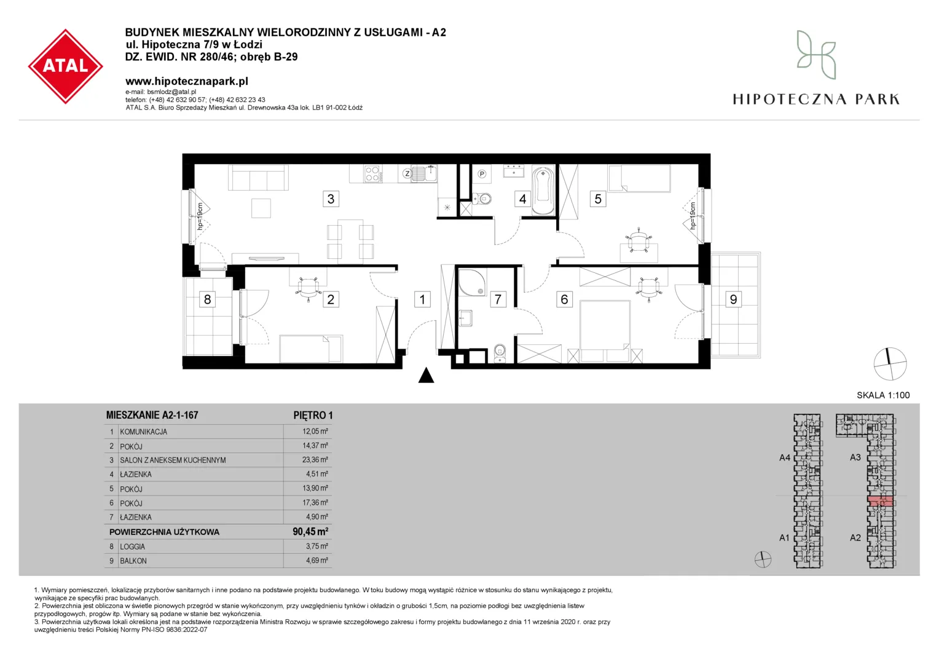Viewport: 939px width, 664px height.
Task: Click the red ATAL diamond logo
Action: pyautogui.click(x=65, y=66)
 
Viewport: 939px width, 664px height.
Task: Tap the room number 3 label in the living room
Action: pyautogui.click(x=331, y=199)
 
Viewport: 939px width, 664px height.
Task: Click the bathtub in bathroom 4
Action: pyautogui.click(x=543, y=191)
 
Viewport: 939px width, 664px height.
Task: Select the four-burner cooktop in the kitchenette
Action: pyautogui.click(x=372, y=173)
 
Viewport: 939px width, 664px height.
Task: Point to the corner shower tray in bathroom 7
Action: pyautogui.click(x=473, y=282)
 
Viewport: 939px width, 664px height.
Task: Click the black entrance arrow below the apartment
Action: pyautogui.click(x=426, y=375)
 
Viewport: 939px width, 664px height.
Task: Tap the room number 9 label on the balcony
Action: pyautogui.click(x=733, y=299)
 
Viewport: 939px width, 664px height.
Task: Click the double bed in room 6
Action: pyautogui.click(x=605, y=331)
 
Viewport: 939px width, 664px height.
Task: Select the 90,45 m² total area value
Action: pyautogui.click(x=310, y=531)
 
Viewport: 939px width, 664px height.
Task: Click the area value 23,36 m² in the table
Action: pyautogui.click(x=315, y=460)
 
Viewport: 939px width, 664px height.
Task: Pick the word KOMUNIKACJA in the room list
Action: pyautogui.click(x=143, y=432)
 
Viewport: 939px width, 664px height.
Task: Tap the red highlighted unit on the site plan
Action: pyautogui.click(x=880, y=501)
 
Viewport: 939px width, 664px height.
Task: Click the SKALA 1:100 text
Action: pyautogui.click(x=883, y=395)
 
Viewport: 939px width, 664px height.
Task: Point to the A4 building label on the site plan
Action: pyautogui.click(x=785, y=457)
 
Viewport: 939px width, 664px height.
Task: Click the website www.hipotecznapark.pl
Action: pyautogui.click(x=187, y=81)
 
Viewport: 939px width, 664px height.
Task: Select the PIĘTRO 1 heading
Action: pyautogui.click(x=313, y=415)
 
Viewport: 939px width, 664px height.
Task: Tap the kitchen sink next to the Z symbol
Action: pyautogui.click(x=425, y=173)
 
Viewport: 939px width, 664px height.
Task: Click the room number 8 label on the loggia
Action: pyautogui.click(x=207, y=299)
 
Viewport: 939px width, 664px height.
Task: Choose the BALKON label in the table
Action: pyautogui.click(x=133, y=561)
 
